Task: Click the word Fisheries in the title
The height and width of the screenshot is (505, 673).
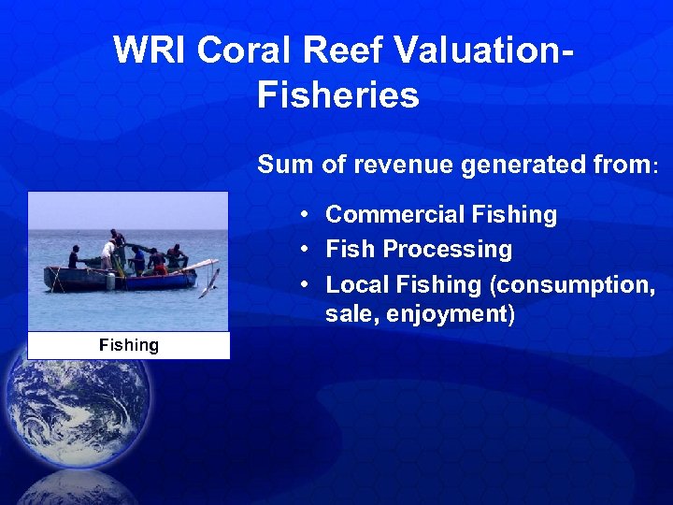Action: (x=337, y=95)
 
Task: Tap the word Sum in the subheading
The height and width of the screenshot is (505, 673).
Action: (x=282, y=166)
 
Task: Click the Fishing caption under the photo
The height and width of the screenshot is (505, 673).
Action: (x=129, y=345)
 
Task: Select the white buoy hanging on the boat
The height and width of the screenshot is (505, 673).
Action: (x=110, y=281)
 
